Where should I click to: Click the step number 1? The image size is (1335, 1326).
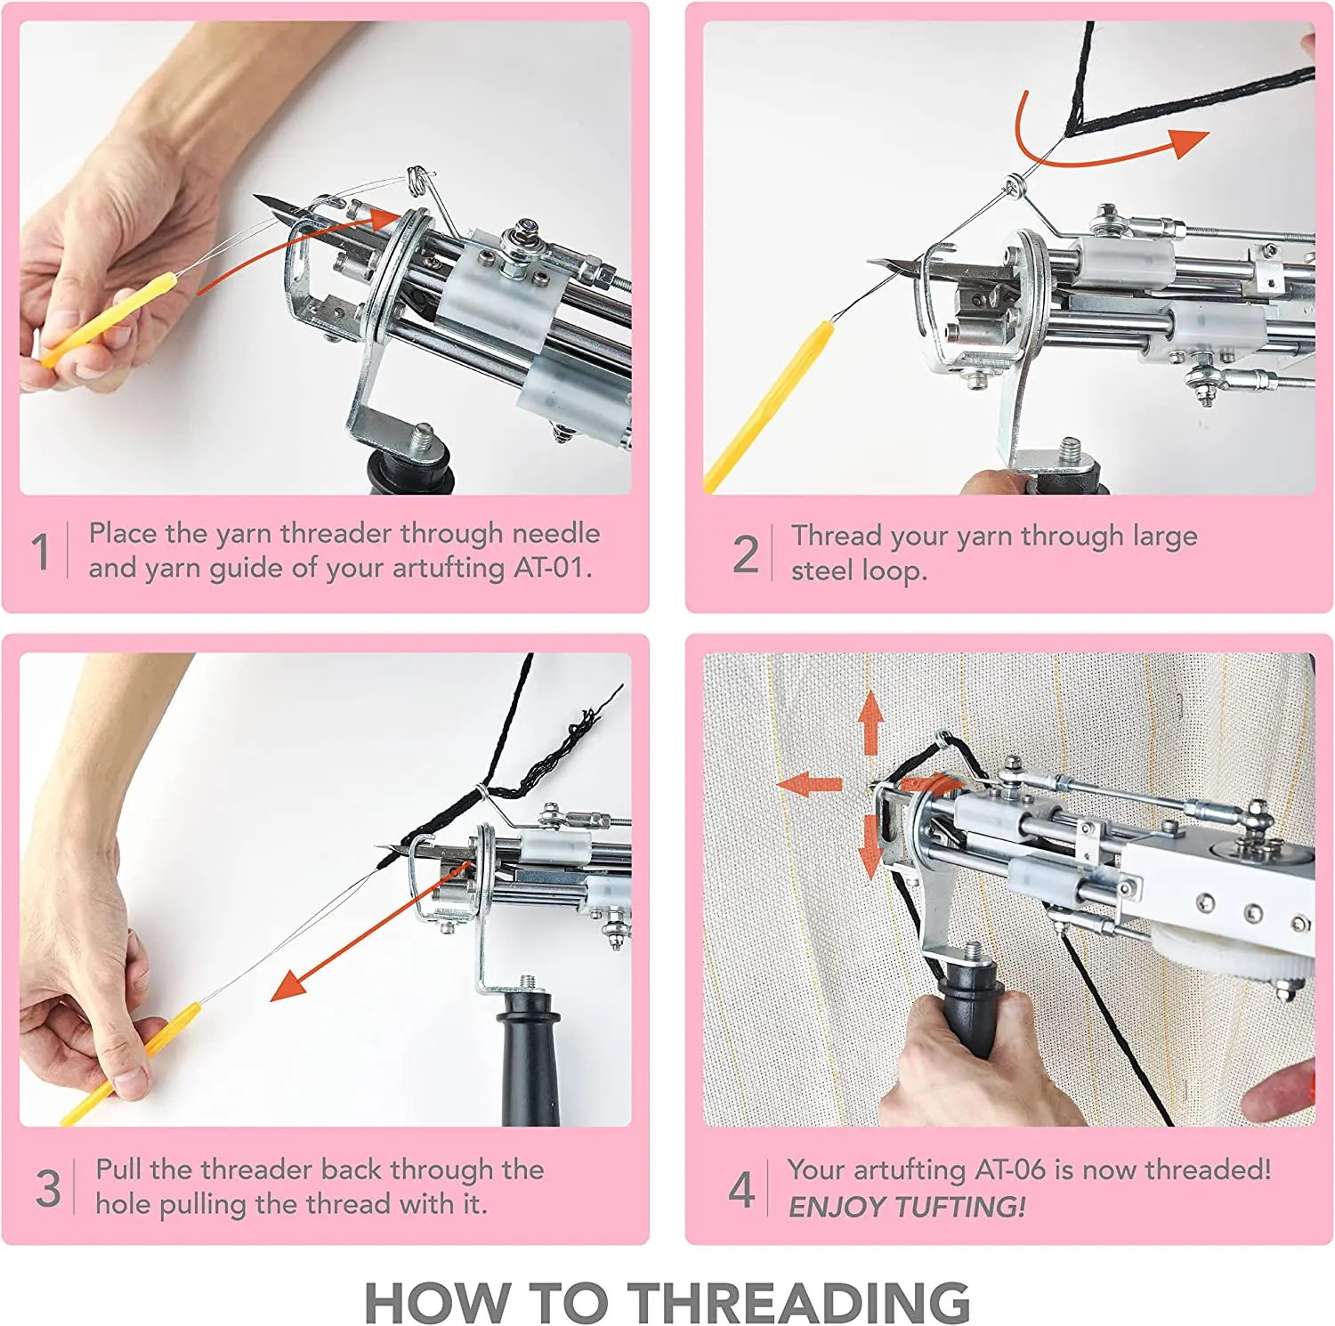[x=40, y=551]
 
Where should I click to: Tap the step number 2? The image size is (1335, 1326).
[x=745, y=554]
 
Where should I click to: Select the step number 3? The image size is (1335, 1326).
[x=47, y=1187]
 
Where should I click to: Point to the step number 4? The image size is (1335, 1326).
[x=740, y=1189]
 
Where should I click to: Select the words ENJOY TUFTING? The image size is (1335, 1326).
[x=906, y=1207]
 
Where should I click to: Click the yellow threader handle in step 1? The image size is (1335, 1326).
[x=107, y=320]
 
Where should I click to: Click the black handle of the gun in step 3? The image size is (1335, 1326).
[x=530, y=1059]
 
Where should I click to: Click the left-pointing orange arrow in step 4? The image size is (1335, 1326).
[x=806, y=784]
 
